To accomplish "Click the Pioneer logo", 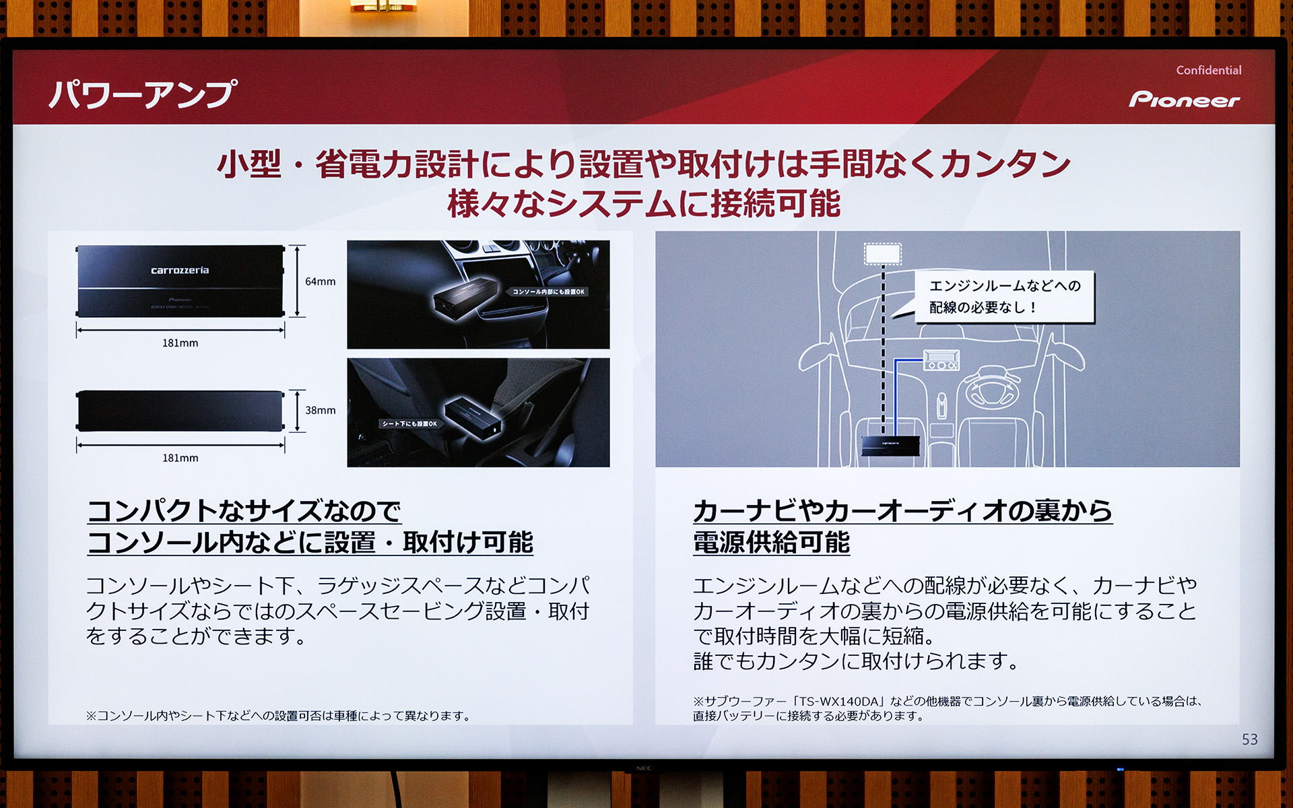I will pyautogui.click(x=1184, y=100).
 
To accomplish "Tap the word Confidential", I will pyautogui.click(x=1208, y=70).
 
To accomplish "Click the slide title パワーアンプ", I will pyautogui.click(x=143, y=94).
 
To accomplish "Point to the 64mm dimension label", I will pyautogui.click(x=320, y=281).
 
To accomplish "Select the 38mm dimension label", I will pyautogui.click(x=320, y=410).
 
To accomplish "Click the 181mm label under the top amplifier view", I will pyautogui.click(x=180, y=343).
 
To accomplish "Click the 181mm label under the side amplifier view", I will pyautogui.click(x=180, y=458).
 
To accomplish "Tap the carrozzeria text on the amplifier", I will pyautogui.click(x=180, y=271).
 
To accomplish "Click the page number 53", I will pyautogui.click(x=1249, y=739).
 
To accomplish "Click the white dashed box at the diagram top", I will pyautogui.click(x=882, y=254).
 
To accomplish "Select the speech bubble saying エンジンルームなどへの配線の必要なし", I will pyautogui.click(x=1003, y=296).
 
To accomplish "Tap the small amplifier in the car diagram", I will pyautogui.click(x=890, y=444).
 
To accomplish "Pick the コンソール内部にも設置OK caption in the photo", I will pyautogui.click(x=548, y=292).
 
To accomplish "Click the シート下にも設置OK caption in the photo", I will pyautogui.click(x=409, y=424).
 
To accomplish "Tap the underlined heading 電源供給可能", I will pyautogui.click(x=771, y=543).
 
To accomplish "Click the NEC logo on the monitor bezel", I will pyautogui.click(x=644, y=768).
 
